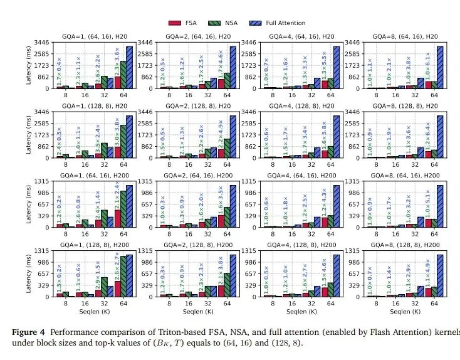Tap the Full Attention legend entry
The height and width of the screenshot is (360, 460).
[279, 23]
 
